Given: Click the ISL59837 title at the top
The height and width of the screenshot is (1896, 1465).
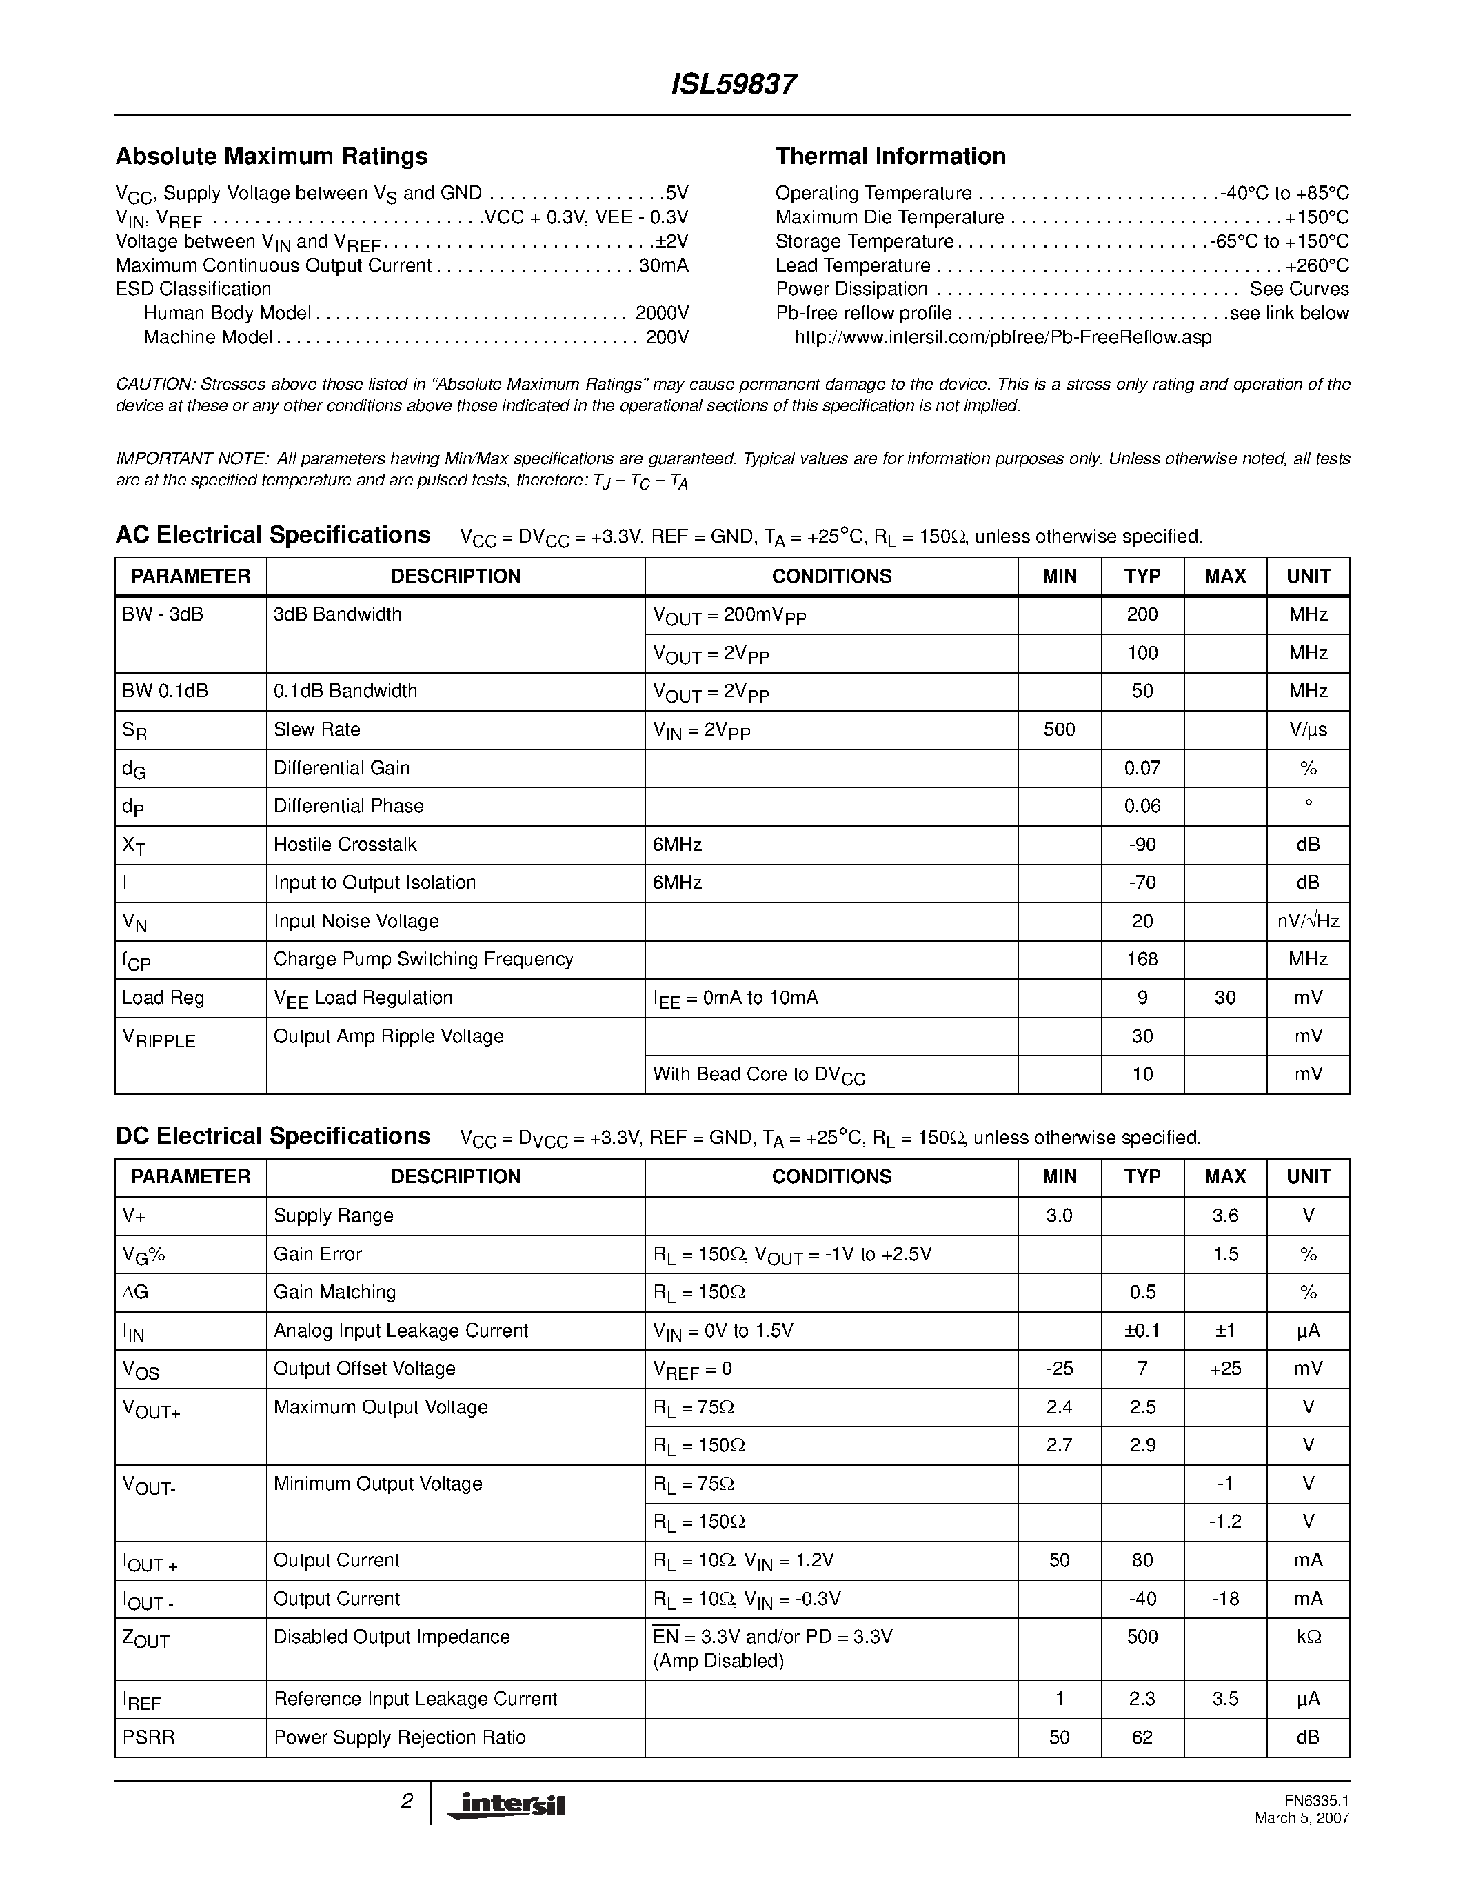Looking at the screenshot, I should [x=734, y=84].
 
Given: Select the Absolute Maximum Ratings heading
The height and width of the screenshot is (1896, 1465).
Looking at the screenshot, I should [x=272, y=157].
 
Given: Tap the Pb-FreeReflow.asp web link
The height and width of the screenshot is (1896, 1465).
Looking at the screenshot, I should [x=1002, y=337].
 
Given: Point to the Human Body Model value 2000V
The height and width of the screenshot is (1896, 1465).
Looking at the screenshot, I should [x=661, y=312].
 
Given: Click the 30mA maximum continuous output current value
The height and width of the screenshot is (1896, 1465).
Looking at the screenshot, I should [x=663, y=265].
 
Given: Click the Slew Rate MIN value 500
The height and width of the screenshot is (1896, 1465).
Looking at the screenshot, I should [x=1059, y=729].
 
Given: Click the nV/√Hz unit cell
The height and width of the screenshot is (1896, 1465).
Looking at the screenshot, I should [x=1307, y=921].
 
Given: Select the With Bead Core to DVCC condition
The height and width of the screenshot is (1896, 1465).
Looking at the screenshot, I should [x=758, y=1075].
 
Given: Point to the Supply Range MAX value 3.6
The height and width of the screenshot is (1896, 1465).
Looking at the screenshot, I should [x=1224, y=1216].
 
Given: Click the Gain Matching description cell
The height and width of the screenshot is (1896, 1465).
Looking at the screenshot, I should [x=334, y=1292].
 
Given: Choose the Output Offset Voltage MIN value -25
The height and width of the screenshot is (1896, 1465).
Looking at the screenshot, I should [x=1059, y=1368].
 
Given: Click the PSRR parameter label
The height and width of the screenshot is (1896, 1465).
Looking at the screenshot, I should [x=148, y=1737].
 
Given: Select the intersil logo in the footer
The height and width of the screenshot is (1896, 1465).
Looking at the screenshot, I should [x=507, y=1804].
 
